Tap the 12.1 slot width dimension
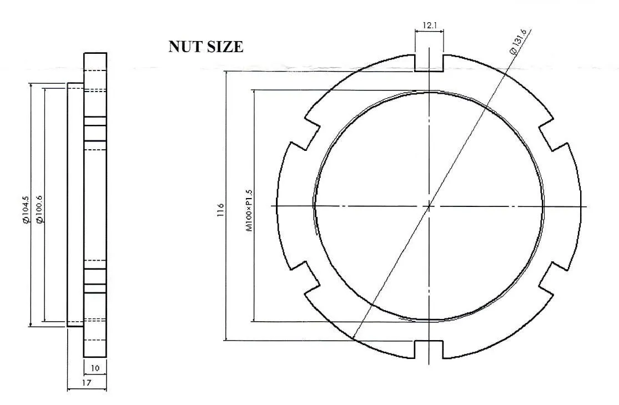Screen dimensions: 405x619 pos(429,26)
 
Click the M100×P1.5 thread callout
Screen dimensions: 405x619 pos(249,210)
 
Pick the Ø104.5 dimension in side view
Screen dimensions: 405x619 pos(25,210)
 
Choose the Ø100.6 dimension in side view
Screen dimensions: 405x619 pos(39,210)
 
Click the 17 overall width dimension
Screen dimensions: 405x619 pos(87,383)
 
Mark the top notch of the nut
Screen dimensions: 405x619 pos(429,63)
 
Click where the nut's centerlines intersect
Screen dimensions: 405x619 pos(429,206)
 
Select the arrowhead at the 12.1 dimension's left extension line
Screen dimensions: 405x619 pos(417,32)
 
